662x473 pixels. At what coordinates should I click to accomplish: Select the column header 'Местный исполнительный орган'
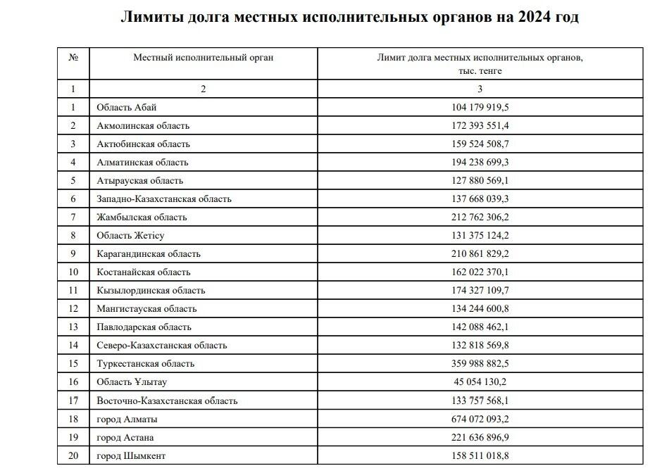click(204, 58)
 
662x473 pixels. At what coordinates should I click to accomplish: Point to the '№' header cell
click(73, 58)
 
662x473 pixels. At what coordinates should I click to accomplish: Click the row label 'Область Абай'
click(127, 108)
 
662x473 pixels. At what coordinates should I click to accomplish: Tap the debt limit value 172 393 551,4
click(480, 126)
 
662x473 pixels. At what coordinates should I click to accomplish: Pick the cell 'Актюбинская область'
click(144, 144)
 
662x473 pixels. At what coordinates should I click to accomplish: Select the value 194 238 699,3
click(480, 163)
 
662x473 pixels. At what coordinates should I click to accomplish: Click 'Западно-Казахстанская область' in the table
click(164, 199)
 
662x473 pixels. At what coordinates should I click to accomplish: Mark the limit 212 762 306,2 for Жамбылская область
click(480, 217)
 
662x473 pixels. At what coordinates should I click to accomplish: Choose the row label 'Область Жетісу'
click(131, 236)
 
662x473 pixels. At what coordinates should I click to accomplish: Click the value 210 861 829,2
click(480, 254)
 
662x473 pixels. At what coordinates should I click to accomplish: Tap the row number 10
click(73, 272)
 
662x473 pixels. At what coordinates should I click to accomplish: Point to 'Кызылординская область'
click(151, 291)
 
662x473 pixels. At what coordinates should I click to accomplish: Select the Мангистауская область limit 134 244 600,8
click(480, 309)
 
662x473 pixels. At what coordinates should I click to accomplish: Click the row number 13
click(73, 327)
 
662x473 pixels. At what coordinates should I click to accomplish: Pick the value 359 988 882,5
click(480, 364)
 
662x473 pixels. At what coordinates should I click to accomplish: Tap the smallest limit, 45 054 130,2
click(480, 382)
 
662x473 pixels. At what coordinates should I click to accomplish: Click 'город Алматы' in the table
click(127, 420)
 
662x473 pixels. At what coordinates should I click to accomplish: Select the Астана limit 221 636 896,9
click(480, 438)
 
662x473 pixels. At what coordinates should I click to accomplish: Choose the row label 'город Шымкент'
click(132, 456)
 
